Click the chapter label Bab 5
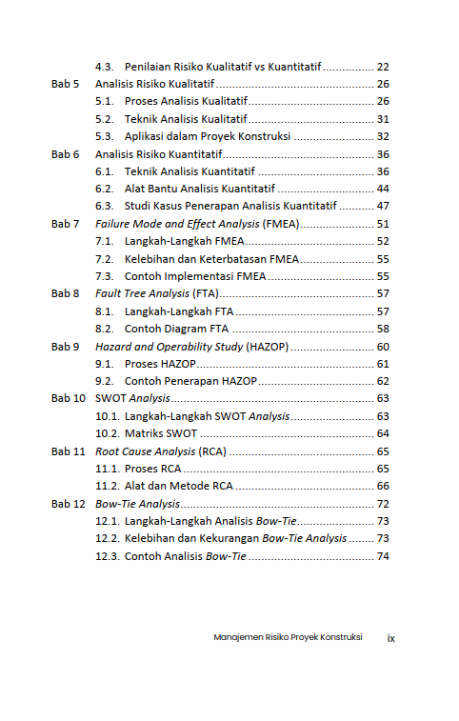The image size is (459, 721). [65, 84]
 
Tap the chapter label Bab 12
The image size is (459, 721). [69, 503]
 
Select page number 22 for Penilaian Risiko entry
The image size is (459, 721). [383, 67]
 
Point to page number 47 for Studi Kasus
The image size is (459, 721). [383, 206]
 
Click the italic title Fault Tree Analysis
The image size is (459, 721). [142, 293]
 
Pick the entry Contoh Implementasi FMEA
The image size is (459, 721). [195, 276]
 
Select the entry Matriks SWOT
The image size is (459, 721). [161, 433]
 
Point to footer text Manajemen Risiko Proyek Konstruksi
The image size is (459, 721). [288, 637]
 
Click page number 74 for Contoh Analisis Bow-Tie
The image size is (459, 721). [383, 556]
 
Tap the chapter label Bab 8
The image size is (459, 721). [65, 293]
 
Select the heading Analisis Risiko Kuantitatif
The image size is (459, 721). [159, 153]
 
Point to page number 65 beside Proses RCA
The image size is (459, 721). [383, 469]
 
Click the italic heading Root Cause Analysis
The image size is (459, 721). [145, 451]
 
